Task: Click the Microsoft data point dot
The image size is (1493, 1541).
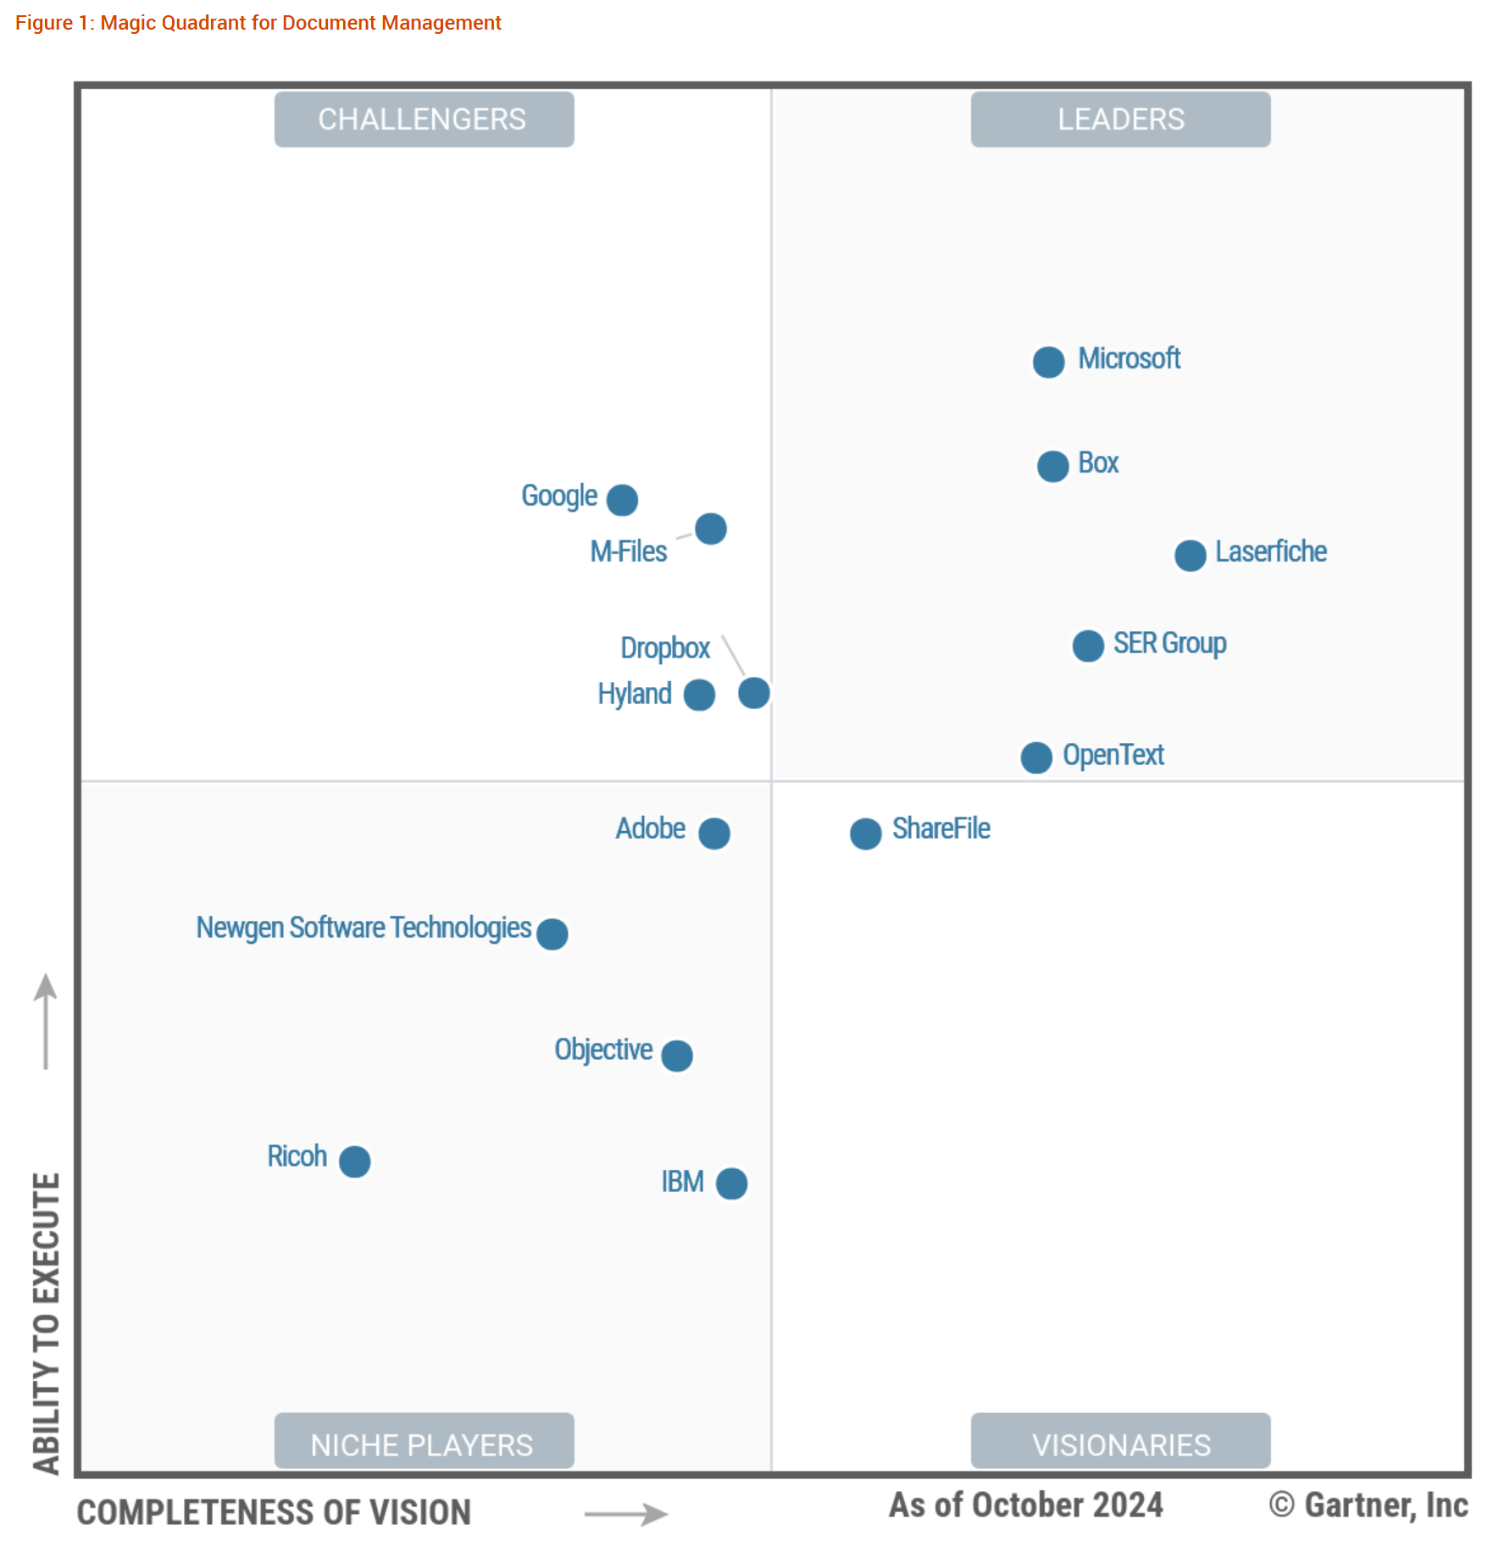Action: click(1048, 363)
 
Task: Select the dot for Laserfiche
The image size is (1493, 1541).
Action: click(1190, 556)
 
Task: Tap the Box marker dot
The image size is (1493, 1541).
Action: click(1052, 466)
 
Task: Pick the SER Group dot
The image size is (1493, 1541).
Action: click(1088, 646)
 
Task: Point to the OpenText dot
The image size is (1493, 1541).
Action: click(1035, 757)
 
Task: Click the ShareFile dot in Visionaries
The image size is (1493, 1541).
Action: click(865, 834)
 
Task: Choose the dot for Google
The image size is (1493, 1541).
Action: click(622, 500)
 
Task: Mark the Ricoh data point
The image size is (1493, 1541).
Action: click(354, 1161)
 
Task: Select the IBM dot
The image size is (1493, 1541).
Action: click(731, 1183)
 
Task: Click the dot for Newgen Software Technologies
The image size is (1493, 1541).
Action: click(552, 934)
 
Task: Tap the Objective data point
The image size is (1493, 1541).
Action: click(676, 1056)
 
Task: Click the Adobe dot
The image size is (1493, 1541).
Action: click(714, 834)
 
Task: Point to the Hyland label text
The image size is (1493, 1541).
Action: click(635, 694)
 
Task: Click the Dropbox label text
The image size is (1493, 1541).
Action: click(665, 648)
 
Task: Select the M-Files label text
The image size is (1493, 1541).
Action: click(629, 552)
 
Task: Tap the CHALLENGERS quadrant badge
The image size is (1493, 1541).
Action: click(424, 119)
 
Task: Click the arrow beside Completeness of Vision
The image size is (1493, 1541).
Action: click(626, 1514)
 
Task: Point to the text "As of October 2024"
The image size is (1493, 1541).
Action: click(1025, 1505)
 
